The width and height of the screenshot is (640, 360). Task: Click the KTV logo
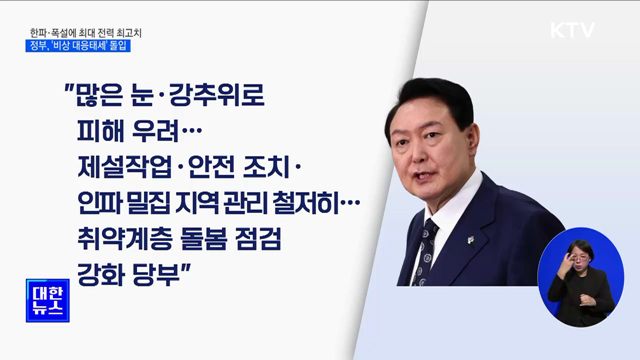[572, 29]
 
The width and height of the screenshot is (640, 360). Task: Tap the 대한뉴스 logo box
[48, 300]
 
